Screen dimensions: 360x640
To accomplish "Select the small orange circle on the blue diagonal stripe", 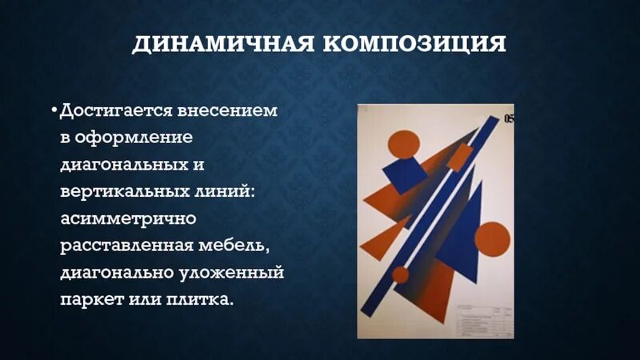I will point(400,275).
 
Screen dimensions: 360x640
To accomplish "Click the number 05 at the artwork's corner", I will point(509,119).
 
